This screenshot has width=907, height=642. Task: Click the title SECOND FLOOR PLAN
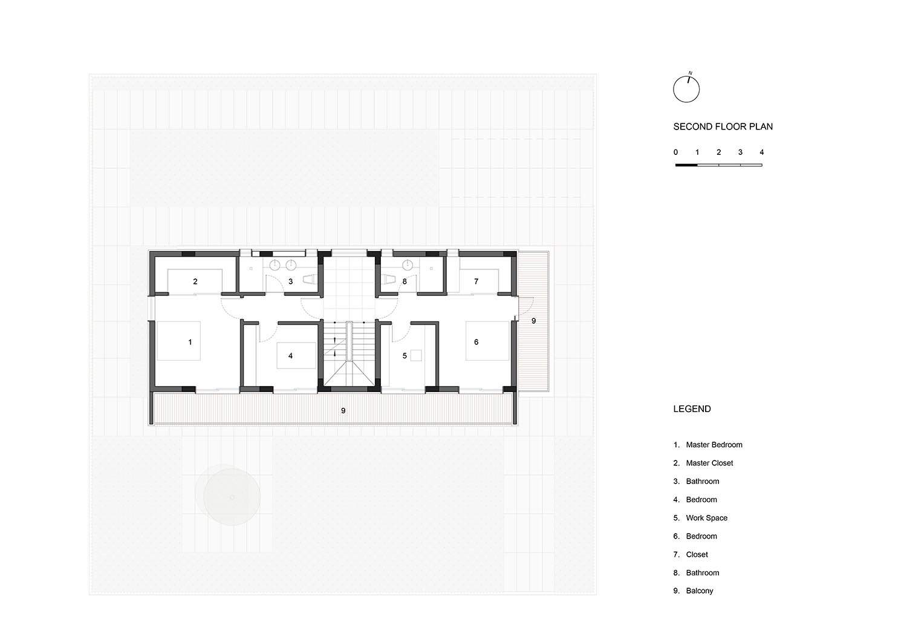(723, 127)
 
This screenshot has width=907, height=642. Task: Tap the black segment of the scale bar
(686, 165)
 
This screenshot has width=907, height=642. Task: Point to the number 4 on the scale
(762, 152)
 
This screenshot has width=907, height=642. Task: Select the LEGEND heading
(692, 409)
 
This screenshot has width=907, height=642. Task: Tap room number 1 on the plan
(190, 342)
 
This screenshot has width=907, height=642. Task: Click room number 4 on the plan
(290, 356)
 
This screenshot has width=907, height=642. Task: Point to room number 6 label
(476, 342)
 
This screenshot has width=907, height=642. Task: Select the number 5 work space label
(405, 356)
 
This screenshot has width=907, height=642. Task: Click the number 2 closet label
(195, 281)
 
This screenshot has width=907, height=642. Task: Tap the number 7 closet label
(476, 281)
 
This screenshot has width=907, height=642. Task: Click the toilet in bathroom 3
(310, 279)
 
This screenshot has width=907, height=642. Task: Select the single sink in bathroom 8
(408, 266)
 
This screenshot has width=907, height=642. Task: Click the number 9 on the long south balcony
(343, 411)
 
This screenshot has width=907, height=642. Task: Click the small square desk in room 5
(416, 355)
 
